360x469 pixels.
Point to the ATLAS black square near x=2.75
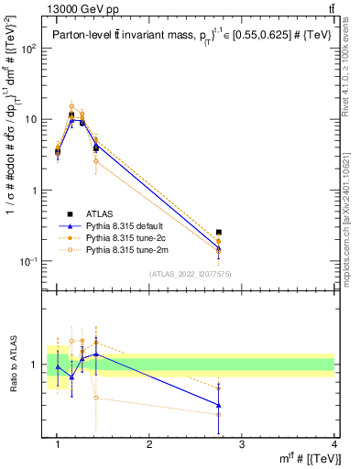[x=218, y=233]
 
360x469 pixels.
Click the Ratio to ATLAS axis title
[x=13, y=365]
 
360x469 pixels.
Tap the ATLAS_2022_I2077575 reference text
[x=189, y=274]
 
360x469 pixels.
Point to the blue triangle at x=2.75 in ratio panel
[x=218, y=404]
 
